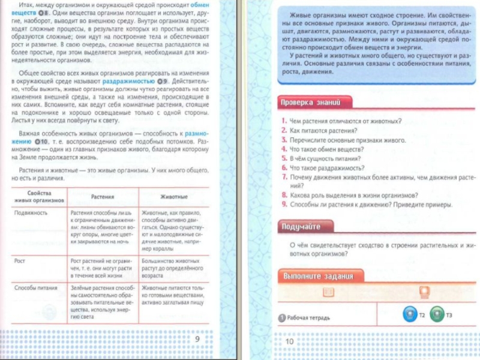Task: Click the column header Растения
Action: pos(103,197)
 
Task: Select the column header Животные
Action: pos(174,197)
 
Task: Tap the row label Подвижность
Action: pos(31,212)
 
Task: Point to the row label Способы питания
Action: pos(36,288)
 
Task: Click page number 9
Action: pos(197,340)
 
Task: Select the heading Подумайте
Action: pos(302,227)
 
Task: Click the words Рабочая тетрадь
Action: pos(308,317)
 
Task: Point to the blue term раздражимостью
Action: pos(128,80)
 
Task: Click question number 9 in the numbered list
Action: pos(284,205)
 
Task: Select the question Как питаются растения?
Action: pos(323,130)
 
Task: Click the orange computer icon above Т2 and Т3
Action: pos(424,292)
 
